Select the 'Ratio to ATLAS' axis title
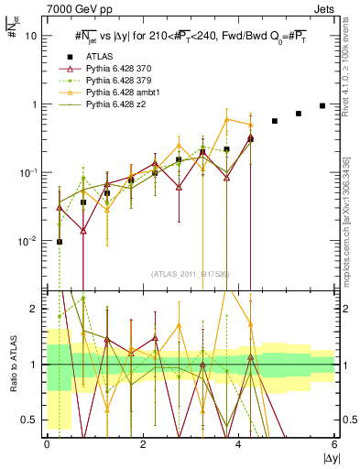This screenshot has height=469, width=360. (x=14, y=365)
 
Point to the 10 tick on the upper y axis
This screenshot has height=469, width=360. (x=30, y=37)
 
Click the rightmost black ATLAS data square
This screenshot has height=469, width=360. (x=322, y=105)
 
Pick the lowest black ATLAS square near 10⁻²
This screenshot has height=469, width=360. (x=60, y=242)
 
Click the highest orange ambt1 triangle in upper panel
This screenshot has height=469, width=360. (x=227, y=119)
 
